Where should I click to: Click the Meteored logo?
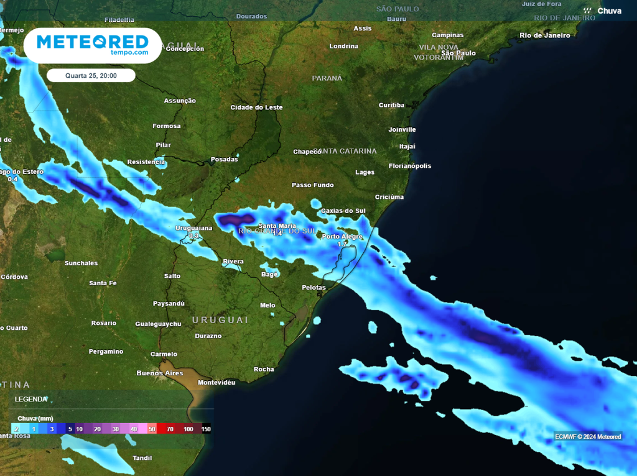point(92,45)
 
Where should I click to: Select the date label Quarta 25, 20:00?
point(91,76)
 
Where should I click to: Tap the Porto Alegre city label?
point(342,236)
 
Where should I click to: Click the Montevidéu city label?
point(216,382)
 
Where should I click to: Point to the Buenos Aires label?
point(160,373)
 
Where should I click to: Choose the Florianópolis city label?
point(410,166)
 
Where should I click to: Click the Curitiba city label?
point(391,105)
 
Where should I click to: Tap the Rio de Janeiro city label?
point(544,35)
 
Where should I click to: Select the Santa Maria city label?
point(277,226)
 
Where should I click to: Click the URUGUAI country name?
point(220,319)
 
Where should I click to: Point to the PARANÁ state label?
point(327,78)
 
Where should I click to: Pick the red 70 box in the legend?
point(170,429)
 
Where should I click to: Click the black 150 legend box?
point(205,429)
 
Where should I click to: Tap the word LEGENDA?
point(31,399)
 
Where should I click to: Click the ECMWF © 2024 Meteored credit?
point(588,436)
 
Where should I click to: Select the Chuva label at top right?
point(609,11)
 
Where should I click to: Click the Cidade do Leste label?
point(256,108)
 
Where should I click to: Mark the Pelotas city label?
point(314,288)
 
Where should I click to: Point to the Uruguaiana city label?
point(193,227)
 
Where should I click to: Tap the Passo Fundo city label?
point(313,185)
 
